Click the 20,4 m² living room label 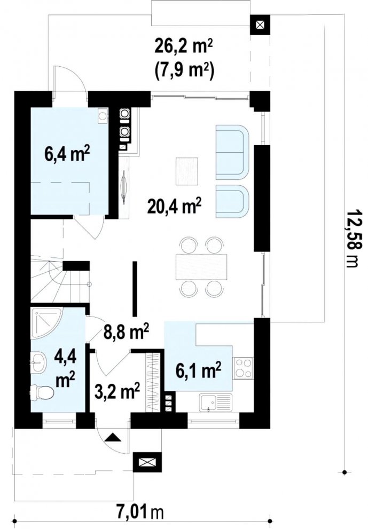(174, 207)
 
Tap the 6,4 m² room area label (67, 154)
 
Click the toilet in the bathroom (42, 393)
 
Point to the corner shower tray (46, 322)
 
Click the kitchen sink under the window (215, 403)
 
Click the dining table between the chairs (201, 266)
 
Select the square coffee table (187, 171)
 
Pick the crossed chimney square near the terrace (260, 25)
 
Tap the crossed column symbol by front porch (147, 462)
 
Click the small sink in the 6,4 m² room (103, 115)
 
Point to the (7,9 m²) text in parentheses (184, 71)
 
